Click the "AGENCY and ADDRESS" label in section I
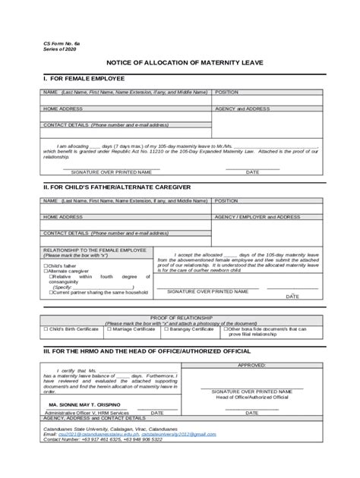click(x=242, y=108)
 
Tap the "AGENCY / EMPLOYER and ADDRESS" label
click(x=257, y=216)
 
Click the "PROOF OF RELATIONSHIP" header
click(x=180, y=317)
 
